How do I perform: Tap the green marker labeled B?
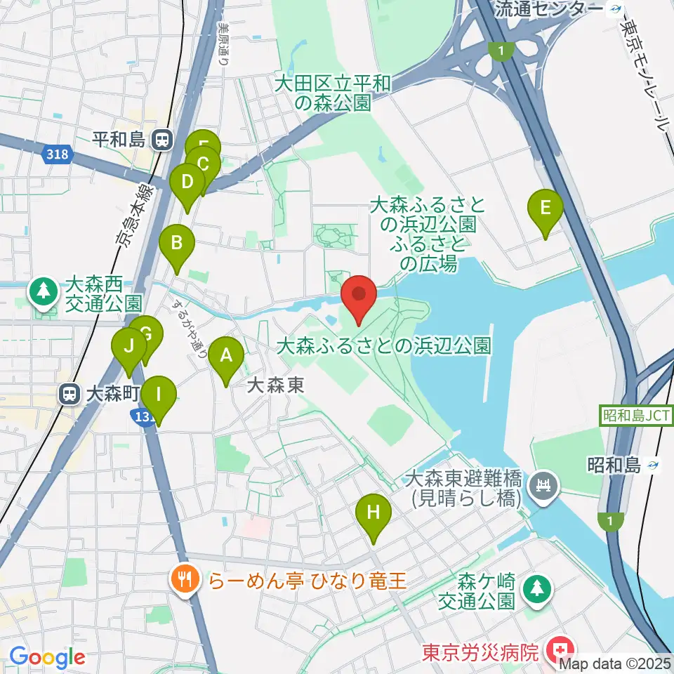(177, 245)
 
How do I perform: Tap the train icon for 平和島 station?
(162, 140)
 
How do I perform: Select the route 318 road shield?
(57, 154)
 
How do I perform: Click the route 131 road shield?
(143, 418)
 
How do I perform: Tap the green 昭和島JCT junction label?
(637, 416)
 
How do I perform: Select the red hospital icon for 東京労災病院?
(561, 647)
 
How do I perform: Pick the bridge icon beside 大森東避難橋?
(543, 486)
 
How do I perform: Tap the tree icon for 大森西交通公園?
(44, 291)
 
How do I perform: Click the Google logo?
(47, 658)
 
